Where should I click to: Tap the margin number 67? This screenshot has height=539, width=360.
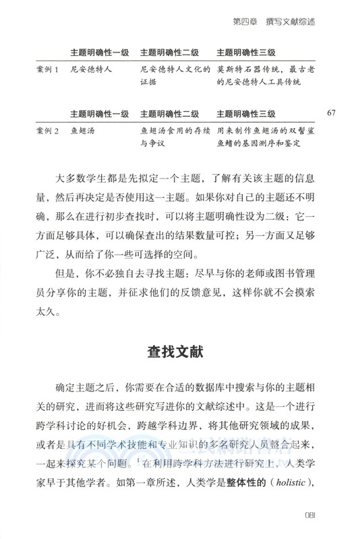pyautogui.click(x=331, y=112)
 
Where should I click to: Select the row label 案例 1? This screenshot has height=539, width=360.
pyautogui.click(x=47, y=69)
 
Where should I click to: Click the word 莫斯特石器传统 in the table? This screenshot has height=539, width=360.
pyautogui.click(x=242, y=69)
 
